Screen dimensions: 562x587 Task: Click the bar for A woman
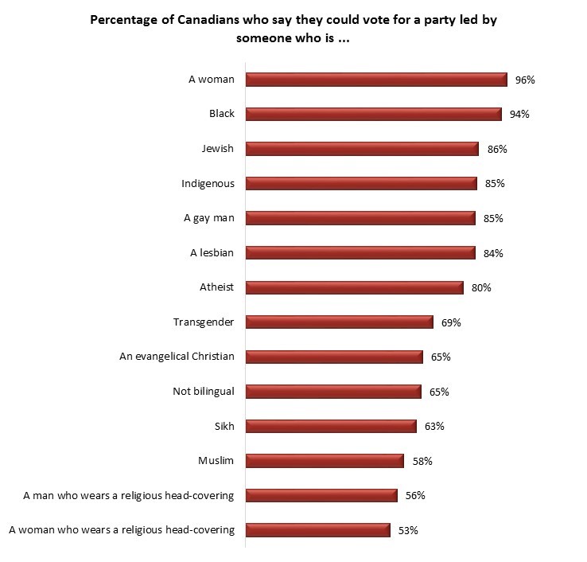(376, 80)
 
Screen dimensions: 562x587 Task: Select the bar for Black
(374, 114)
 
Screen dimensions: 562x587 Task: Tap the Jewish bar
(362, 149)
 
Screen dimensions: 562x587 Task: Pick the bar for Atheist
(354, 287)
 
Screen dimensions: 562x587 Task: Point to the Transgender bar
(339, 322)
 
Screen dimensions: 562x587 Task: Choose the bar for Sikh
(331, 426)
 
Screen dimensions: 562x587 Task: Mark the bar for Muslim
(325, 461)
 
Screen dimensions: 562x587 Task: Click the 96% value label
(525, 80)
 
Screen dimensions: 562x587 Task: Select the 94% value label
(519, 114)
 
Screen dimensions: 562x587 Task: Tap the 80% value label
(481, 287)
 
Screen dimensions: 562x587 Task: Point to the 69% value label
(451, 322)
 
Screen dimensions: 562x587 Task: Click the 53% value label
(408, 530)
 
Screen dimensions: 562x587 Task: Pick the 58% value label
(422, 461)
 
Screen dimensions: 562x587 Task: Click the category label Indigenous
(208, 183)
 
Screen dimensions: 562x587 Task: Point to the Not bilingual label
(204, 391)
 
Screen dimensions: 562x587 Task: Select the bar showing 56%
(321, 495)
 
